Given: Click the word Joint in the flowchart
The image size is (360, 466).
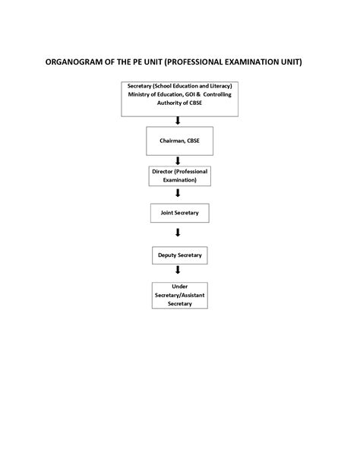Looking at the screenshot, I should pyautogui.click(x=167, y=213).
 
